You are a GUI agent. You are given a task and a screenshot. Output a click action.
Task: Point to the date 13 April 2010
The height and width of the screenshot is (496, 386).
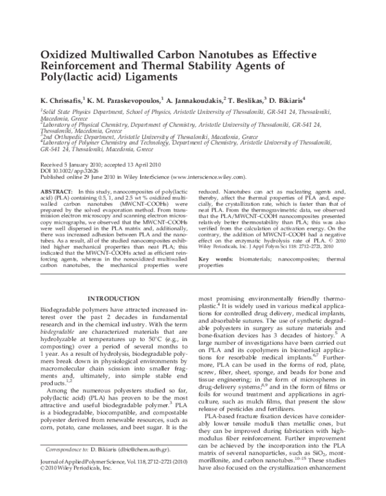(x=141, y=165)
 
